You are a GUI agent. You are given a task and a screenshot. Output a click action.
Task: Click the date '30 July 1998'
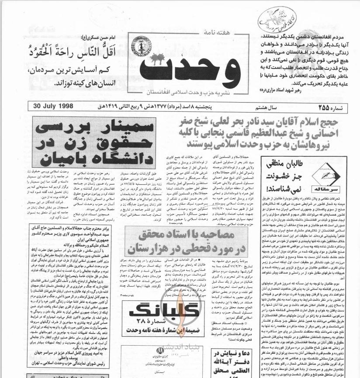(53, 107)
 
